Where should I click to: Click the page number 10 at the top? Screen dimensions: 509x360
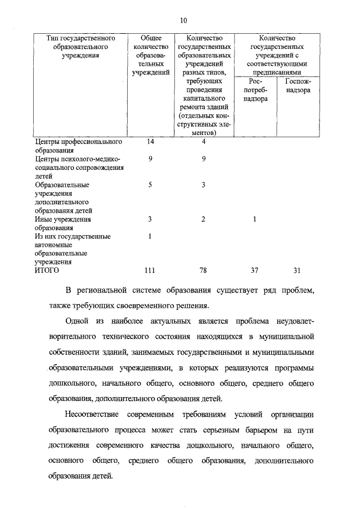click(x=183, y=21)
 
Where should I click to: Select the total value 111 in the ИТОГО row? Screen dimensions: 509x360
click(x=150, y=271)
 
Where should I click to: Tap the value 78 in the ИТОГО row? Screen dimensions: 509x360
click(x=203, y=271)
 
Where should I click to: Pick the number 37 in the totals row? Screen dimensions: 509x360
click(x=254, y=271)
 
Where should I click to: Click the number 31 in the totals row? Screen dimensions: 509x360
click(x=297, y=271)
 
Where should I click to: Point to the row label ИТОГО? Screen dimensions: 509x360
click(x=47, y=271)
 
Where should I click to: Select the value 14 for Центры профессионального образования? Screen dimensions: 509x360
click(x=150, y=142)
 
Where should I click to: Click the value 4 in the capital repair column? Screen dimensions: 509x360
click(x=204, y=142)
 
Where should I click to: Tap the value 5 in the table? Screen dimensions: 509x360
click(x=150, y=184)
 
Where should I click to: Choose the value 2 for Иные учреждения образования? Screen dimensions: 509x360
click(x=204, y=219)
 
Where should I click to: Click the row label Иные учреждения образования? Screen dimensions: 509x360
click(x=62, y=223)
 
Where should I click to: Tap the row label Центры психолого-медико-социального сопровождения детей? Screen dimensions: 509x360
click(x=79, y=167)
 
